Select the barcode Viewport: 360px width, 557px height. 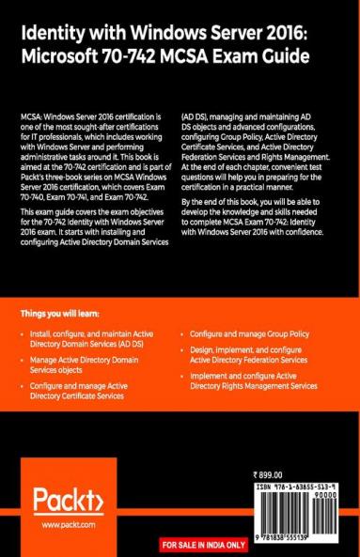[296, 512]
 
